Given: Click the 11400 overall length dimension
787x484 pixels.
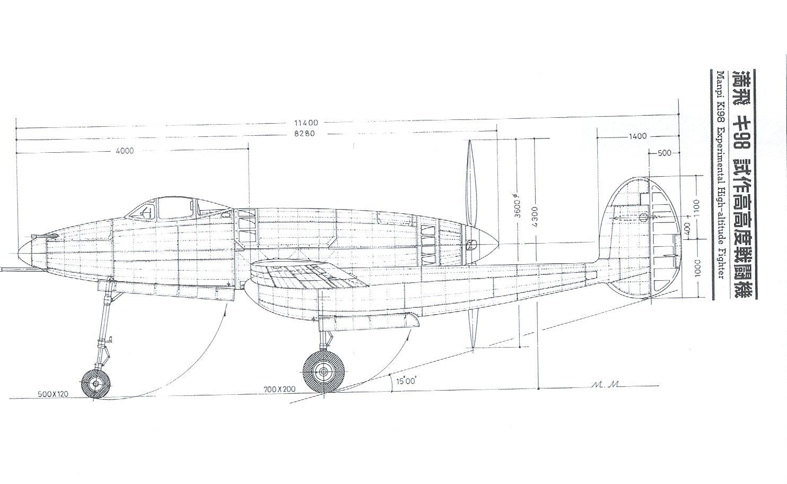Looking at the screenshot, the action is (x=306, y=123).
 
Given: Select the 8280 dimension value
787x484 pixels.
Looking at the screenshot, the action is (x=304, y=134).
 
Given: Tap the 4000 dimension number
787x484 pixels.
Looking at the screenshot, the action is (x=125, y=151).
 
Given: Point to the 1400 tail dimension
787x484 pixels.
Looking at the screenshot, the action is (x=637, y=136).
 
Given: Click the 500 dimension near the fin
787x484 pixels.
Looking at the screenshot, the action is (x=664, y=153).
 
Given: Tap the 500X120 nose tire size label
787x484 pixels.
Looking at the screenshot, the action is (x=53, y=394).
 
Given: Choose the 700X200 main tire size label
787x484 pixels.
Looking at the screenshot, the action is (x=279, y=390).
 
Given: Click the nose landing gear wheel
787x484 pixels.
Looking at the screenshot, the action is (x=95, y=384).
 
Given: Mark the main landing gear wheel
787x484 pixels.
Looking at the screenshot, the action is (x=323, y=371).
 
